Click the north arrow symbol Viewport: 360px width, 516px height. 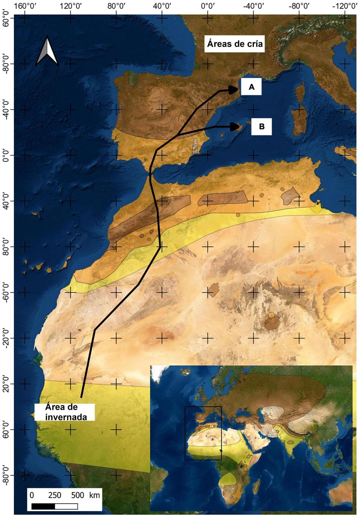(x=47, y=51)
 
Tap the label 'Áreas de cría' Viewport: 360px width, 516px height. (x=235, y=44)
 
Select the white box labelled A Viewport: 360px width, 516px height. (x=251, y=87)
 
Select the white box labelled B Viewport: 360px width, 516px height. (x=261, y=127)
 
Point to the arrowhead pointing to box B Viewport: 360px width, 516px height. (x=235, y=127)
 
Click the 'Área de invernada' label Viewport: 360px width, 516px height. (x=66, y=412)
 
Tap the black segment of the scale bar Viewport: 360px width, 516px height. (x=43, y=506)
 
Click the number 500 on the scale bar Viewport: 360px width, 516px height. (x=78, y=495)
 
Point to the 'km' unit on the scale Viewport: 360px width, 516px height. (x=94, y=495)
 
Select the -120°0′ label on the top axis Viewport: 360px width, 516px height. (x=344, y=5)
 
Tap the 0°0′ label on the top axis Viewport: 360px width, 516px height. (x=207, y=5)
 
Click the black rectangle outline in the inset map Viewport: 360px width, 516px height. (x=203, y=433)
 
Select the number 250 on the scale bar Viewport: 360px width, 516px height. (x=55, y=495)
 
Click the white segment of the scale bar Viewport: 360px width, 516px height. (x=66, y=506)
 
